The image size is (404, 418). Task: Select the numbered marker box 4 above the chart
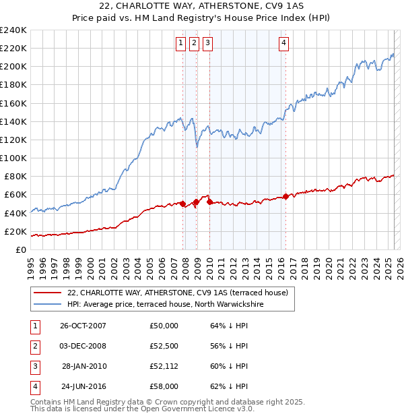pyautogui.click(x=284, y=44)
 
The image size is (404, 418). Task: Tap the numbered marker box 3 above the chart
pyautogui.click(x=207, y=44)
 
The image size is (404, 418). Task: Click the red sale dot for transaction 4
pyautogui.click(x=285, y=196)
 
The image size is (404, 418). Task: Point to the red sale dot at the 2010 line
pyautogui.click(x=209, y=202)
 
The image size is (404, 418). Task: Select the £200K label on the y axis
pyautogui.click(x=13, y=67)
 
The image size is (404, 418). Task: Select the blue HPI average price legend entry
pyautogui.click(x=165, y=305)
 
